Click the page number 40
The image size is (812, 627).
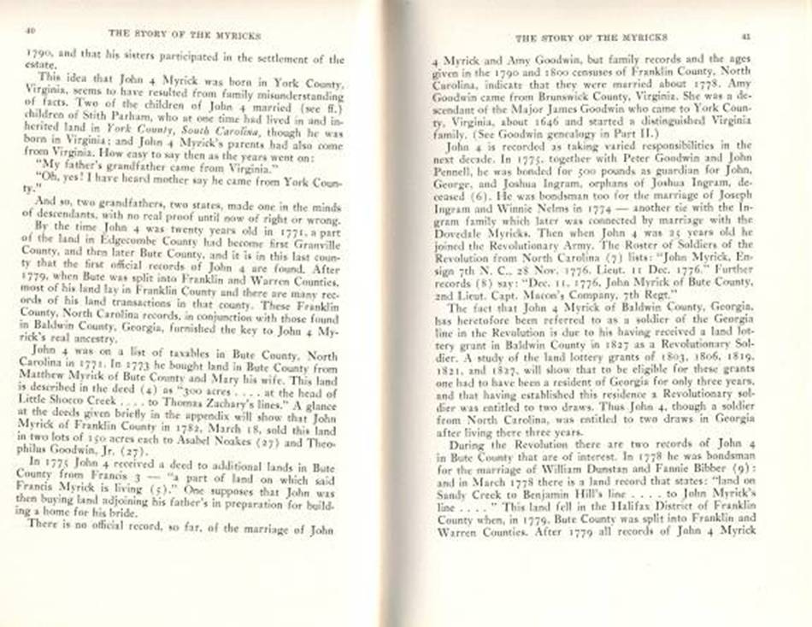[29, 31]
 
